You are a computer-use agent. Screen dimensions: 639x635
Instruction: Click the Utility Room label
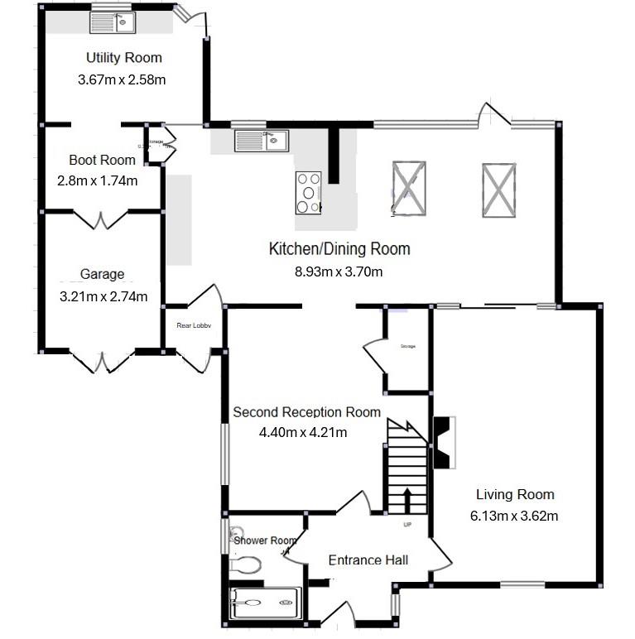(x=123, y=58)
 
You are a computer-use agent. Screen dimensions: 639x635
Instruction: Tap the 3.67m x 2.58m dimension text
(x=122, y=80)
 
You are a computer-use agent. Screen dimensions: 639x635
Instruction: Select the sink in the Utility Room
(x=113, y=20)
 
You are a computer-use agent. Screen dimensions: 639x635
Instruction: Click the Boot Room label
(x=102, y=160)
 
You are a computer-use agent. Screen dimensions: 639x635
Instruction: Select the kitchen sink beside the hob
(x=261, y=142)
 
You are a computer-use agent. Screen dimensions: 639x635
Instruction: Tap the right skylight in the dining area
(x=498, y=189)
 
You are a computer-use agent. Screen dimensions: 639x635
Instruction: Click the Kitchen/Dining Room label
(x=339, y=248)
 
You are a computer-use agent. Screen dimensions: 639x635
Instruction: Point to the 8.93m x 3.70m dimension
(x=339, y=271)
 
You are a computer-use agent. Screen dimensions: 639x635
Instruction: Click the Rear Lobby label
(x=194, y=326)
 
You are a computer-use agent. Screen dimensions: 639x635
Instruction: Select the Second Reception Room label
(x=306, y=412)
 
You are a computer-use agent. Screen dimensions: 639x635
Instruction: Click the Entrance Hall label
(x=368, y=560)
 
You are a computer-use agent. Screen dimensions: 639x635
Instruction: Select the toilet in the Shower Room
(x=245, y=565)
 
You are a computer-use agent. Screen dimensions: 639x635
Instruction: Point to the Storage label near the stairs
(x=406, y=346)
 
